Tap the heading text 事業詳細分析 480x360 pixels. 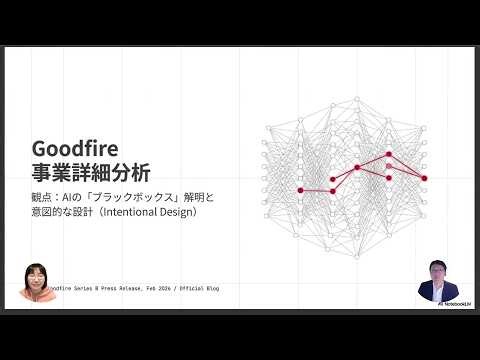92,171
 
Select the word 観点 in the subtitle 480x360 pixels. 44,197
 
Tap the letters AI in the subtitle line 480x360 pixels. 83,197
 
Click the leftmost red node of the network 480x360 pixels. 300,190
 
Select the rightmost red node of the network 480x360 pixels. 424,178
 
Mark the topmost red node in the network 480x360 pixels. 389,155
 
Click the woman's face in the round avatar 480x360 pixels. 37,279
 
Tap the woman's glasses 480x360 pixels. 37,277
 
